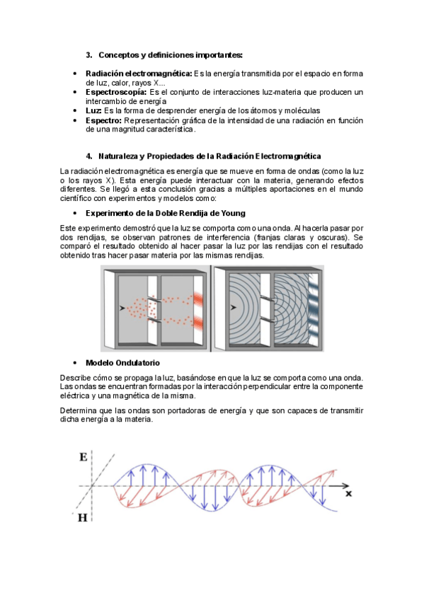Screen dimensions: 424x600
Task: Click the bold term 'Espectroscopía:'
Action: [116, 92]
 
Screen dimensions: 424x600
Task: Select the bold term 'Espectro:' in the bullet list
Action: [104, 120]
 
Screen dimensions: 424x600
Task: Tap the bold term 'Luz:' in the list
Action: [93, 110]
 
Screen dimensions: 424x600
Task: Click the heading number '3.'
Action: [89, 55]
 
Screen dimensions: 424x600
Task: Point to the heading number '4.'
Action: [89, 156]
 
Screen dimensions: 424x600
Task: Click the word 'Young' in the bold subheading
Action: [233, 213]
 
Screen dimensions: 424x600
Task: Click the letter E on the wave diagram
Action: [84, 457]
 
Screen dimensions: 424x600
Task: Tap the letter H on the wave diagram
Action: [83, 518]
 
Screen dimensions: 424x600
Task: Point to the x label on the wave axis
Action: [348, 494]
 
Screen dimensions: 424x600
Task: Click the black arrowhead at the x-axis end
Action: [345, 486]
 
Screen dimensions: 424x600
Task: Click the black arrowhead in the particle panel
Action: [122, 308]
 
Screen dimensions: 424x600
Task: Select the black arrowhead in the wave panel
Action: [234, 307]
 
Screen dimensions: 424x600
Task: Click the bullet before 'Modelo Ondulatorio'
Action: [75, 363]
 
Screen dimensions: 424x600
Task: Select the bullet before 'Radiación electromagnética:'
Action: [75, 74]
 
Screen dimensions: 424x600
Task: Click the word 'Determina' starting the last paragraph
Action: [79, 410]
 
